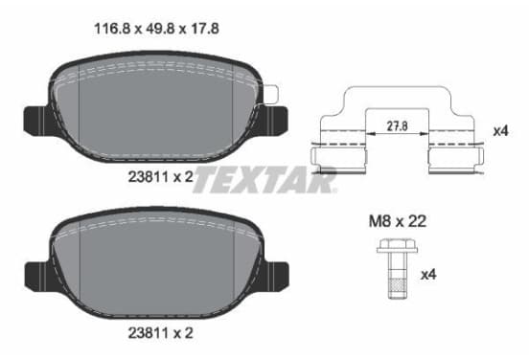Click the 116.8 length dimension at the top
pyautogui.click(x=112, y=29)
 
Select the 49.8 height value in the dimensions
pyautogui.click(x=160, y=29)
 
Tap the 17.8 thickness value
pyautogui.click(x=204, y=29)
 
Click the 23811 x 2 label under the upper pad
pyautogui.click(x=161, y=176)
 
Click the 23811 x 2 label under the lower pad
pyautogui.click(x=161, y=333)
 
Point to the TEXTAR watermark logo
pyautogui.click(x=264, y=180)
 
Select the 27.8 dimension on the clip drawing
pyautogui.click(x=397, y=126)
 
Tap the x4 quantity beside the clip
pyautogui.click(x=500, y=131)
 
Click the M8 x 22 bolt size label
pyautogui.click(x=398, y=221)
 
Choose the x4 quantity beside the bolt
pyautogui.click(x=428, y=275)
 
